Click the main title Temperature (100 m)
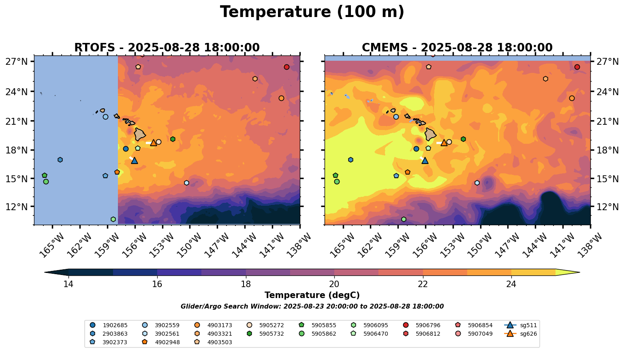[312, 12]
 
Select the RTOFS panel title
[167, 48]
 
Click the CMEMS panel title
[457, 48]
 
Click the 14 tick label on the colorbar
[68, 284]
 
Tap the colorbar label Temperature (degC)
[312, 295]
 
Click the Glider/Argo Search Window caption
[312, 307]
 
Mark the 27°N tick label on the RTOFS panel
[17, 62]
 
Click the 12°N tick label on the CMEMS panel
[607, 207]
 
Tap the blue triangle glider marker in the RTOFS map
[135, 161]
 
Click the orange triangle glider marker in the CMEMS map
[444, 143]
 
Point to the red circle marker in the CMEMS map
[577, 67]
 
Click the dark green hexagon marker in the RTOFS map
[173, 139]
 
